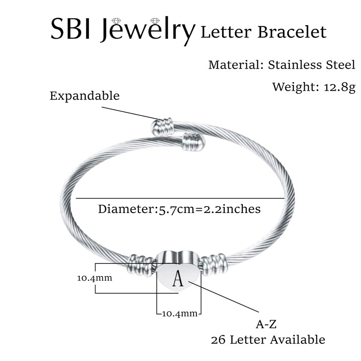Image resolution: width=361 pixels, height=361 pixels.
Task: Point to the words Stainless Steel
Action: [x=312, y=65]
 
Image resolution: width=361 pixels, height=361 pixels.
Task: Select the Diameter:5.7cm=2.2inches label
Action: [x=179, y=209]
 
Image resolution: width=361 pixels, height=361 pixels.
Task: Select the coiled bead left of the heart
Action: [x=140, y=265]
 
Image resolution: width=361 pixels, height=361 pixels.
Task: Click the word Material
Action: [x=233, y=65]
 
